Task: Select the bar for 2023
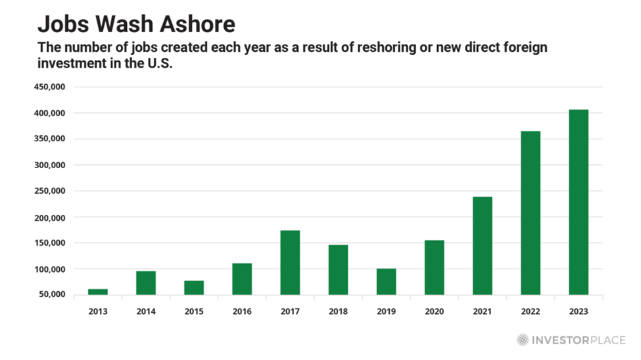(x=579, y=202)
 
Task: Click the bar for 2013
(x=98, y=291)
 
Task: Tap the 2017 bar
(x=290, y=262)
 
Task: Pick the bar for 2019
(x=386, y=281)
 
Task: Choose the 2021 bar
(x=483, y=245)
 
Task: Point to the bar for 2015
(x=194, y=287)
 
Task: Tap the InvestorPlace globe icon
(x=523, y=340)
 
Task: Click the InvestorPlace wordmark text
(x=579, y=340)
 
